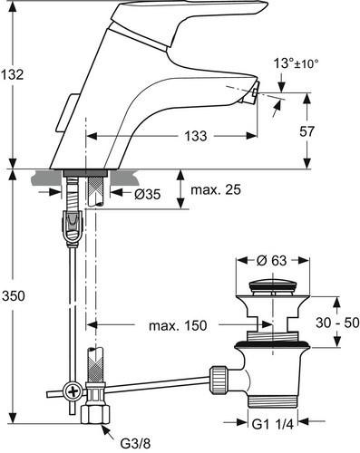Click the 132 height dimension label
(x=12, y=74)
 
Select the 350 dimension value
(x=14, y=296)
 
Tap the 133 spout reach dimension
(x=196, y=136)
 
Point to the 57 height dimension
(x=306, y=131)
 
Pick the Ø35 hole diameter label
(x=147, y=195)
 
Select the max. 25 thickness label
(x=216, y=190)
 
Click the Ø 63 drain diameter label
(x=271, y=260)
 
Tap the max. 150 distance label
(x=178, y=325)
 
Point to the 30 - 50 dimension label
(x=337, y=323)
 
